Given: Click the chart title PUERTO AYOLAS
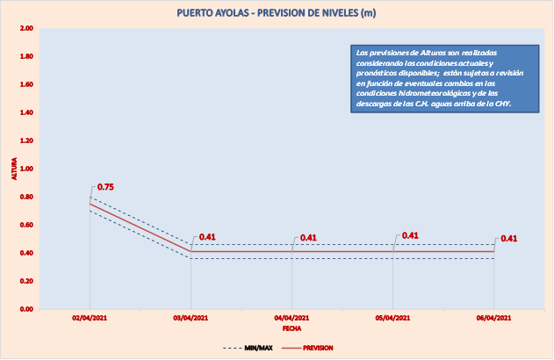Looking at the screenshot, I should tap(277, 13).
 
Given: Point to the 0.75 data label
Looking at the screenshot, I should tap(105, 187).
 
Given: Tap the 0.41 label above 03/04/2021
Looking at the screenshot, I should tap(207, 237).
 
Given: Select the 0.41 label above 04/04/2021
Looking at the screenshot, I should tap(308, 238).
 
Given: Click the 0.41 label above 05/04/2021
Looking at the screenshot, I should tap(409, 235).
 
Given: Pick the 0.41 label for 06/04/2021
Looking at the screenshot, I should tap(508, 238).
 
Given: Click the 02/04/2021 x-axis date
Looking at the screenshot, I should tap(90, 318).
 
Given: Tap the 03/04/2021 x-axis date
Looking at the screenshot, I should tap(191, 318).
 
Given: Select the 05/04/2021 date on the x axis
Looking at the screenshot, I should tap(392, 318).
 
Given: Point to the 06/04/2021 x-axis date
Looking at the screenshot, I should tap(493, 318).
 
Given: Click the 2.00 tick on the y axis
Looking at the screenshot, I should tap(26, 29).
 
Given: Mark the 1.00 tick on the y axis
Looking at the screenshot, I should tap(26, 169).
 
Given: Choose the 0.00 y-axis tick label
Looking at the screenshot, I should tap(26, 309).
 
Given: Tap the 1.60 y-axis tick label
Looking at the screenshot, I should tap(26, 85).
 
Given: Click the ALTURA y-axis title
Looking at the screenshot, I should tap(13, 169).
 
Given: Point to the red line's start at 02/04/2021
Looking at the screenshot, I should tap(90, 204).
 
